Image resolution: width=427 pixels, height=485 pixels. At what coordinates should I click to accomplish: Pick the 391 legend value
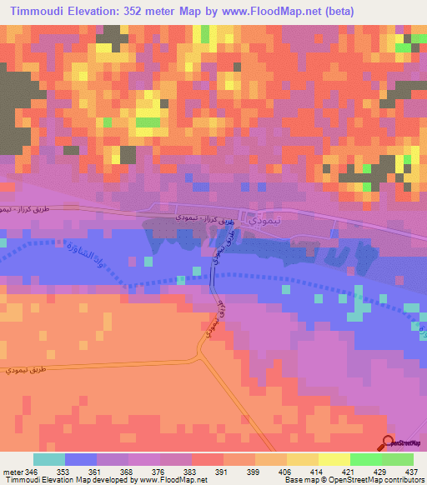[x=221, y=471]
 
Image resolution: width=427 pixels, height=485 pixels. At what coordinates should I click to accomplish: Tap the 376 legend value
[x=158, y=471]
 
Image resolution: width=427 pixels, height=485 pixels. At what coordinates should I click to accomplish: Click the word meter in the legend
[x=13, y=471]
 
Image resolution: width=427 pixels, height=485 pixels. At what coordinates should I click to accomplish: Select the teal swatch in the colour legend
[x=49, y=459]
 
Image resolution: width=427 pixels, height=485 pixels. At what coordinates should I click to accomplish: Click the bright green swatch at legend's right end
[x=397, y=459]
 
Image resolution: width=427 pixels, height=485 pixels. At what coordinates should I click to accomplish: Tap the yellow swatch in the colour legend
[x=334, y=459]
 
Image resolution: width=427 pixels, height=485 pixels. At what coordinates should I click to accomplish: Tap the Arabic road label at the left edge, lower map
[x=28, y=368]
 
